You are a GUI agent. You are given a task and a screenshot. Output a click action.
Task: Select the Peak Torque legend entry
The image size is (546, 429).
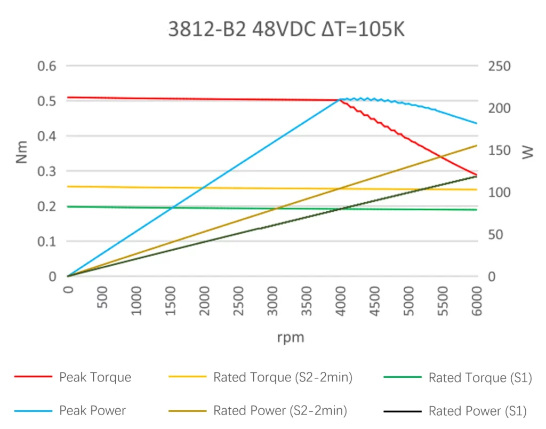point(95,378)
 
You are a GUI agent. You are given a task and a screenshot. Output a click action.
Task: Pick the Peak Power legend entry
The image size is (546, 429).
point(92,411)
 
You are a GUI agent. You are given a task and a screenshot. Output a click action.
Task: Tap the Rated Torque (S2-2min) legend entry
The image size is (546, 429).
point(283,378)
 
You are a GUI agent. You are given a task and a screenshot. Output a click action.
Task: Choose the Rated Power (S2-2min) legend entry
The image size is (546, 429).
point(280,411)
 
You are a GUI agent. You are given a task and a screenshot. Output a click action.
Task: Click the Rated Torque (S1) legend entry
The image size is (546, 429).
point(480,378)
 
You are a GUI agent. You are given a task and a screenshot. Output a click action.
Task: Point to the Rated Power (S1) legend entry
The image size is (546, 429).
point(477,411)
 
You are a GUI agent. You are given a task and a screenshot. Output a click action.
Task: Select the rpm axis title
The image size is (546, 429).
point(291,337)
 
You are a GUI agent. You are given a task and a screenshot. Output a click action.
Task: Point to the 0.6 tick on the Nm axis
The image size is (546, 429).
point(46,66)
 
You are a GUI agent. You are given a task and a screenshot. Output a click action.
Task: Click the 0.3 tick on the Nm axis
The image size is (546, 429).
point(46,171)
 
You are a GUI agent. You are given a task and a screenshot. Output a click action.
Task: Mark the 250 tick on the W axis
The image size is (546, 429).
point(500,66)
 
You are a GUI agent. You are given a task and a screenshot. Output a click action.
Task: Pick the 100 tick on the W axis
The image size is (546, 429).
point(500,192)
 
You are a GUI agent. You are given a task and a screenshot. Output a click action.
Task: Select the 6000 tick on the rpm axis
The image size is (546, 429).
point(477,301)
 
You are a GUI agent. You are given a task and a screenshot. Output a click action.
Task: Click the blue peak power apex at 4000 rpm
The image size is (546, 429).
point(340,99)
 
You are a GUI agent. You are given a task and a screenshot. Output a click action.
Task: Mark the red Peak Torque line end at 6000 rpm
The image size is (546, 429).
point(476,175)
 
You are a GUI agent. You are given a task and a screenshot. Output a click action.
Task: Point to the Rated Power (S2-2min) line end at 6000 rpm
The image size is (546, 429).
point(476,145)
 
